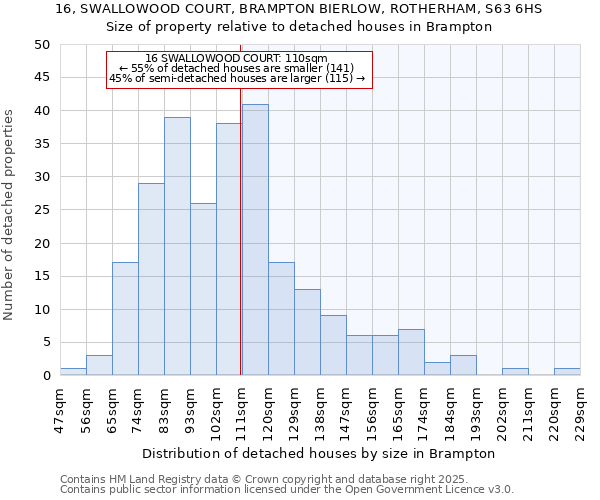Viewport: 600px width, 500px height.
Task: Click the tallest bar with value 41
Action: pos(255,240)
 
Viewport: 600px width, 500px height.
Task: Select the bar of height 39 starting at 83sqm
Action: pos(177,246)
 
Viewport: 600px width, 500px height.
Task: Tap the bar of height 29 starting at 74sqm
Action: pos(151,279)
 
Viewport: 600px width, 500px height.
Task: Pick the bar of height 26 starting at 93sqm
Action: pos(203,289)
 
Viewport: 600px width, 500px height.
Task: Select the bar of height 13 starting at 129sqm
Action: pos(307,332)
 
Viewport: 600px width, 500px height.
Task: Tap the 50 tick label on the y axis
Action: pos(41,45)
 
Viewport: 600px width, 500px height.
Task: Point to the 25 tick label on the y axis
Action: pos(41,210)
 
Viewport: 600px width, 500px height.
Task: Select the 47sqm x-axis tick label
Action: pos(60,410)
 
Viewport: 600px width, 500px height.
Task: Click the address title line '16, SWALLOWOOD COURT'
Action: pos(299,9)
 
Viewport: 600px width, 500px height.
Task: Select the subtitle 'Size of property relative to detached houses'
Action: pos(299,27)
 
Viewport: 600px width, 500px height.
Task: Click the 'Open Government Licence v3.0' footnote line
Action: pos(287,490)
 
